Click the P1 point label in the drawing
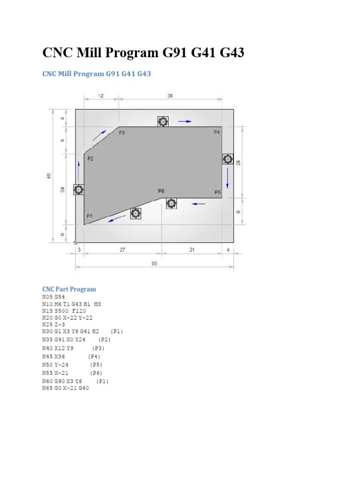(90, 216)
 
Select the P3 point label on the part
(122, 133)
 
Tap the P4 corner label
(217, 133)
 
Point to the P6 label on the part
(161, 191)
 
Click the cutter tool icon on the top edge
(163, 122)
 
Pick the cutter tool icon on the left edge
(79, 189)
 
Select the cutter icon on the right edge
(227, 159)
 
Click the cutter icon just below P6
(172, 203)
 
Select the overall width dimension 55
(154, 264)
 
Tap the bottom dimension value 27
(122, 250)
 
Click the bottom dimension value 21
(192, 250)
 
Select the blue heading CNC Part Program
(69, 289)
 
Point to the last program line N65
(65, 389)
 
